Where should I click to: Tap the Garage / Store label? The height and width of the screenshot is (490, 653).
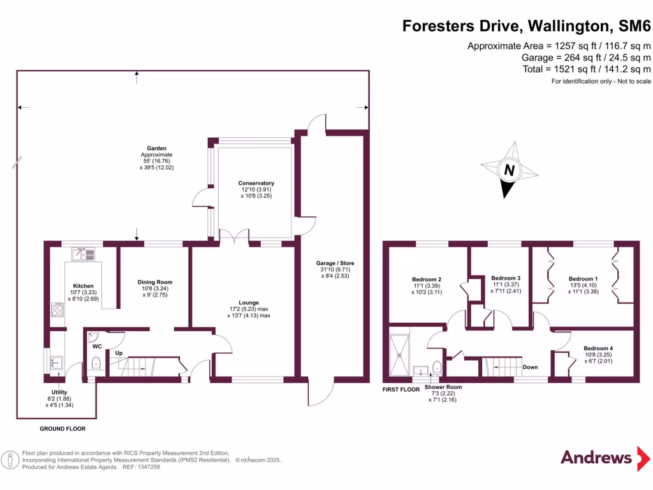(335, 263)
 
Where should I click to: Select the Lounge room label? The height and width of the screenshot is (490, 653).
(249, 302)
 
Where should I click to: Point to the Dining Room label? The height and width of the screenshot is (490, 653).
(155, 282)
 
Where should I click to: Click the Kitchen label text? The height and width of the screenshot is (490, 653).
(83, 286)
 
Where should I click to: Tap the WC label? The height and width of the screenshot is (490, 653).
(97, 346)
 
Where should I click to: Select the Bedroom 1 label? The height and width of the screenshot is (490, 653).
(583, 279)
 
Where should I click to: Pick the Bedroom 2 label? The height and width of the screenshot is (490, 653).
(427, 279)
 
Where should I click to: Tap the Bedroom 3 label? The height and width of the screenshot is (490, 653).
(506, 278)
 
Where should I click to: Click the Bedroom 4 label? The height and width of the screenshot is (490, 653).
(599, 348)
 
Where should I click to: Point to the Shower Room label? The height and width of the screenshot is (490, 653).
(443, 387)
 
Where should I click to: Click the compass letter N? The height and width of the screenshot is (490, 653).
(509, 170)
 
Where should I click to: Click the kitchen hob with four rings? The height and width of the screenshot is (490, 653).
(57, 311)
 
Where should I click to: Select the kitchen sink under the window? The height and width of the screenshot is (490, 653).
(84, 253)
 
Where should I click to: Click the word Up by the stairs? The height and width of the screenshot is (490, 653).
(119, 353)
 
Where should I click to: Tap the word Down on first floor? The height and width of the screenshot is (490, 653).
(530, 367)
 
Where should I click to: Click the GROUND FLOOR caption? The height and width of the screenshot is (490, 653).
(62, 429)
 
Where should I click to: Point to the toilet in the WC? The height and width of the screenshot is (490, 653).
(96, 364)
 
